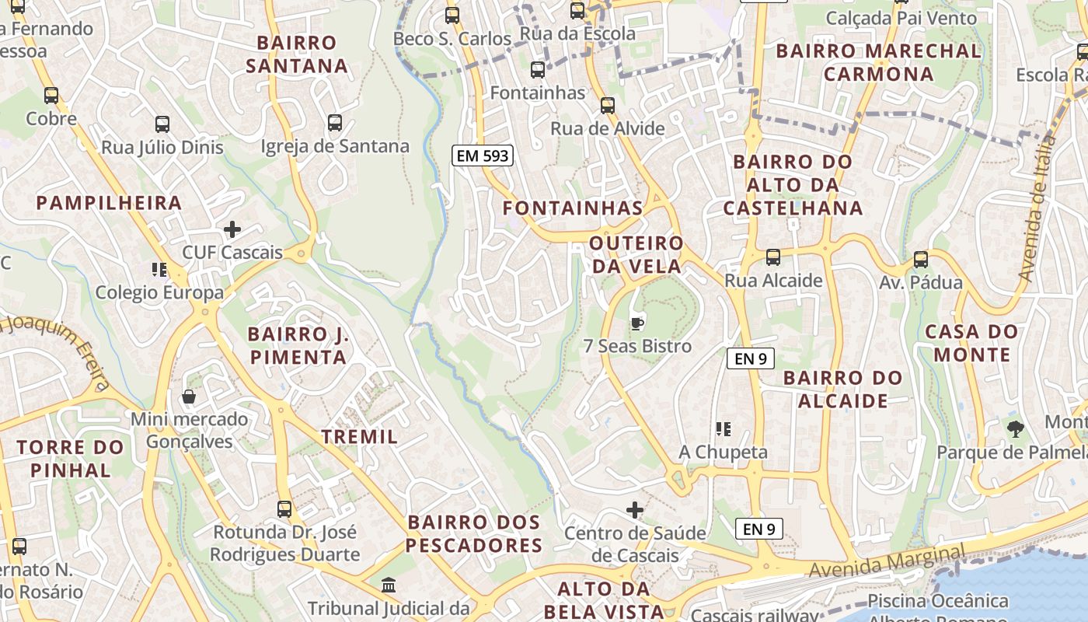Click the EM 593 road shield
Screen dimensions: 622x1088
tap(483, 155)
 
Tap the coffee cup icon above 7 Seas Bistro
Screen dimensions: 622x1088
tap(636, 323)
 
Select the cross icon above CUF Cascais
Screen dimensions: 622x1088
tap(232, 229)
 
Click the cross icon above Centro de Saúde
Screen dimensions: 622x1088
tap(635, 510)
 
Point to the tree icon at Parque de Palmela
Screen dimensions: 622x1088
tap(1015, 428)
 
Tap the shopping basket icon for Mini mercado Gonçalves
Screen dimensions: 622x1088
tap(188, 397)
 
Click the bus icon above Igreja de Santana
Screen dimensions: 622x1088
tap(334, 123)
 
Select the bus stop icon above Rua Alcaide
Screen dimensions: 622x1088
tap(772, 257)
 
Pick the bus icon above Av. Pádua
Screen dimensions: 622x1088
tap(920, 260)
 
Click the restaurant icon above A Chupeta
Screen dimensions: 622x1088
tap(724, 428)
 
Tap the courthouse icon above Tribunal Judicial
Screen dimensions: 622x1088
tap(389, 584)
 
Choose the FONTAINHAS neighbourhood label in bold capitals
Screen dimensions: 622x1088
tap(573, 208)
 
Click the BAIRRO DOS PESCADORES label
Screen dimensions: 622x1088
tap(474, 533)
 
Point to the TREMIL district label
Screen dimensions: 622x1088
tap(360, 437)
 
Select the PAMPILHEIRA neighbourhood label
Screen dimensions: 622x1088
tap(109, 203)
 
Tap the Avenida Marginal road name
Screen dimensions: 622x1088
tap(887, 561)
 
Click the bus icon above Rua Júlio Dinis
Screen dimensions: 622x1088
tap(162, 124)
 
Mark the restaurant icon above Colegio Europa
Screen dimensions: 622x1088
tap(159, 270)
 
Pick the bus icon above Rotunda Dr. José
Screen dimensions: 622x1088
tap(284, 509)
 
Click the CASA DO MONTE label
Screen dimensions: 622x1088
tap(971, 343)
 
